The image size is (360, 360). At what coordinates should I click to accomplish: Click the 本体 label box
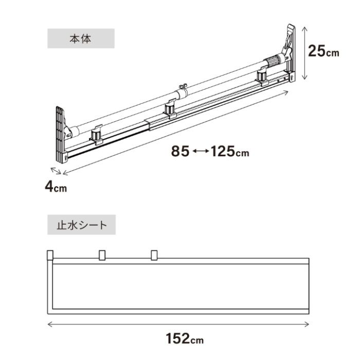pyautogui.click(x=81, y=39)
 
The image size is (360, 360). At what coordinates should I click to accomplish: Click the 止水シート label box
pyautogui.click(x=81, y=224)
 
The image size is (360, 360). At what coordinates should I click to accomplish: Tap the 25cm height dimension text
pyautogui.click(x=323, y=51)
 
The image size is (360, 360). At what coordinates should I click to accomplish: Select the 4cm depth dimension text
pyautogui.click(x=55, y=187)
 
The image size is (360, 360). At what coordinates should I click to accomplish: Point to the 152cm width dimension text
pyautogui.click(x=184, y=339)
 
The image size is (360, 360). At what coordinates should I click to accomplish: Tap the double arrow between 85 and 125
pyautogui.click(x=201, y=152)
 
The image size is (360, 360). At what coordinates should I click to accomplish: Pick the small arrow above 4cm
pyautogui.click(x=56, y=171)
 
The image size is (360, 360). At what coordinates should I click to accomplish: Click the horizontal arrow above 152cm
pyautogui.click(x=178, y=325)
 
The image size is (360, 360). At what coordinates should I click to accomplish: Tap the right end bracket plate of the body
pyautogui.click(x=290, y=51)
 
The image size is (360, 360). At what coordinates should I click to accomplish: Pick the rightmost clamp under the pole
pyautogui.click(x=263, y=77)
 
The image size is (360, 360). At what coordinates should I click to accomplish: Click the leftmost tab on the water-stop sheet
pyautogui.click(x=50, y=255)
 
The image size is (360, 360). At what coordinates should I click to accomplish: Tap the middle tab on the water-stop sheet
pyautogui.click(x=102, y=255)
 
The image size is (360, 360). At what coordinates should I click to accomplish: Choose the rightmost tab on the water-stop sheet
pyautogui.click(x=154, y=255)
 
